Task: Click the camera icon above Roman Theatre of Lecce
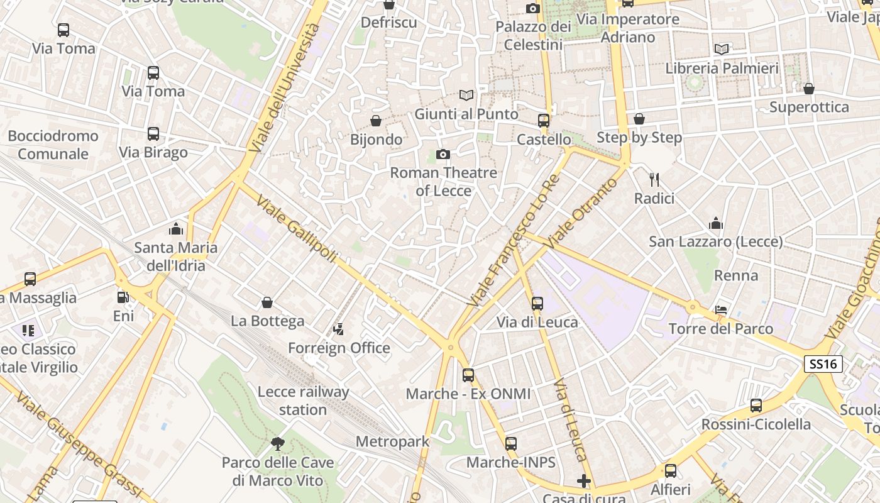(x=443, y=154)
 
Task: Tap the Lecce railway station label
(x=303, y=401)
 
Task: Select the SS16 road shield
(x=823, y=364)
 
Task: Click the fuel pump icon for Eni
(x=123, y=297)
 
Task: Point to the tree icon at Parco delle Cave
(x=277, y=444)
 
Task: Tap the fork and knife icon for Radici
(x=654, y=180)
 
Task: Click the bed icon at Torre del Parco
(x=721, y=311)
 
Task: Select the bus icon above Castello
(x=544, y=121)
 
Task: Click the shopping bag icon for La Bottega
(x=267, y=303)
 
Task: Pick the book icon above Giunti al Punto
(x=466, y=96)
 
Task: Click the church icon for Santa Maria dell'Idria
(x=176, y=229)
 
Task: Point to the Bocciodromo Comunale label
(x=53, y=145)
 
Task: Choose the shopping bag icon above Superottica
(x=809, y=89)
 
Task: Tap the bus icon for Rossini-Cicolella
(x=756, y=406)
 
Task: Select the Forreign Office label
(x=339, y=348)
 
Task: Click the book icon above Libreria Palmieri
(x=722, y=49)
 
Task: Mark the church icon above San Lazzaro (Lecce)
(x=716, y=223)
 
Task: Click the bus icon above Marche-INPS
(x=511, y=444)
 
